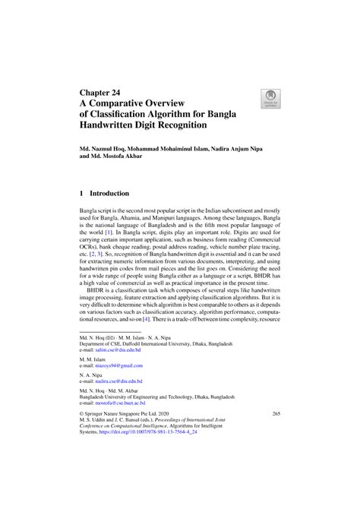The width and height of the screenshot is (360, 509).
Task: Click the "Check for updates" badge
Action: (x=270, y=98)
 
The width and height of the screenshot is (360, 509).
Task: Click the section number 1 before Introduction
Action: (x=82, y=194)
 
